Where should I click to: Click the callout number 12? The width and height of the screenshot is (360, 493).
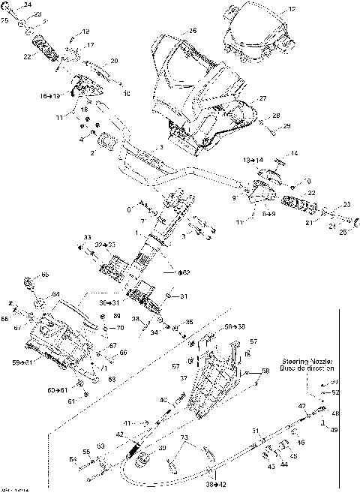292,9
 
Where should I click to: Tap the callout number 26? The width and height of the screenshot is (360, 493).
193,31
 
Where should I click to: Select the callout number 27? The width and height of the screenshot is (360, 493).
263,98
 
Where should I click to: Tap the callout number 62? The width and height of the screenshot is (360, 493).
184,272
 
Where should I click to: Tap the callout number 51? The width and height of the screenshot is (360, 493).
255,431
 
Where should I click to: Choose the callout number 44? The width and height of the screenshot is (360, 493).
283,464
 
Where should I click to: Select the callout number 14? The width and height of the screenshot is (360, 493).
295,153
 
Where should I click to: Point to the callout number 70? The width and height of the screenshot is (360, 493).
121,328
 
